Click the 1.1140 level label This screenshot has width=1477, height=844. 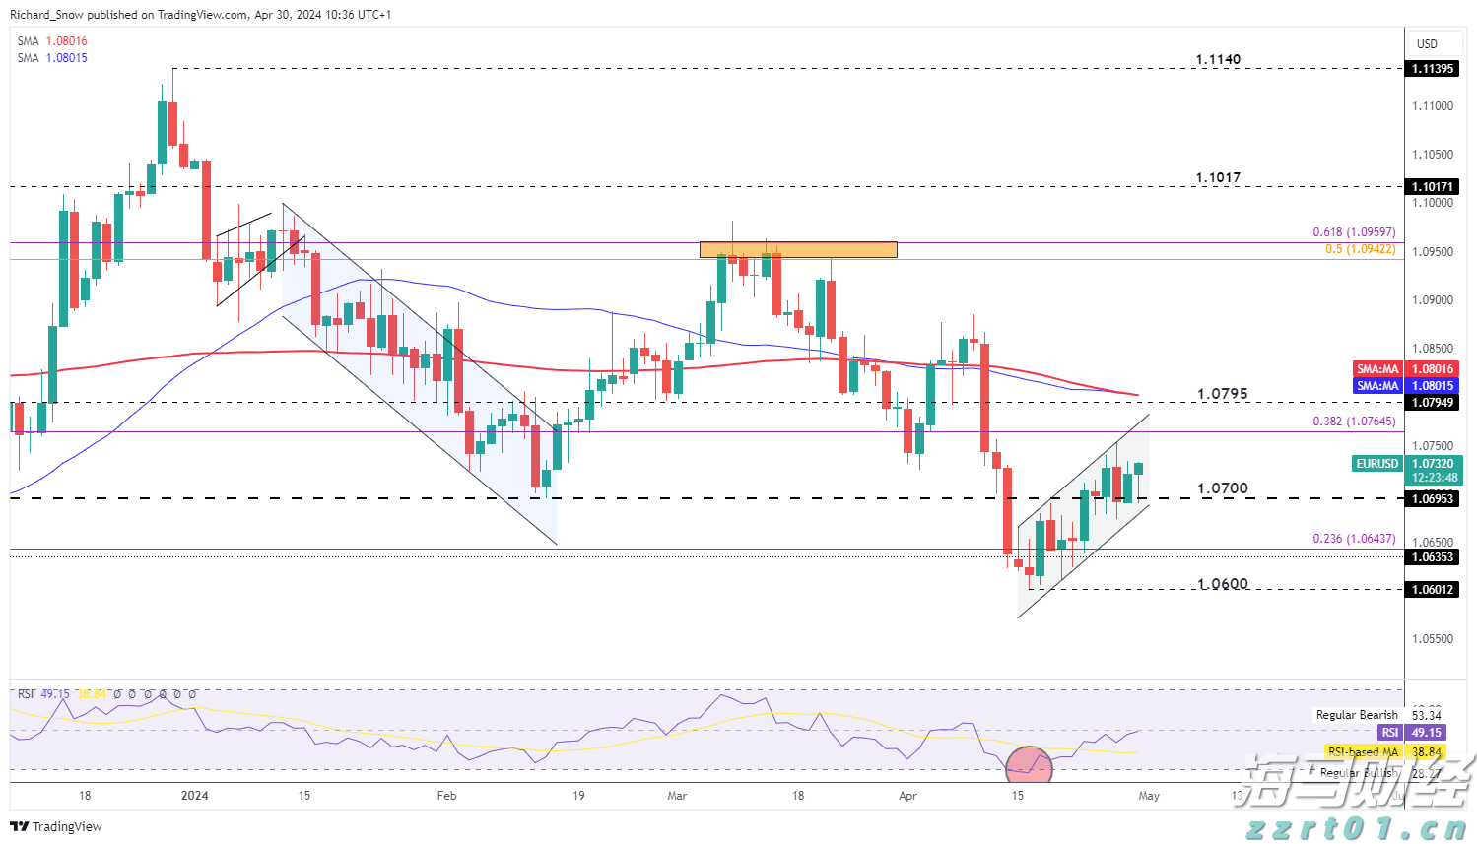click(1218, 59)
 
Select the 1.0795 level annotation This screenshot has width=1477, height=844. click(1222, 394)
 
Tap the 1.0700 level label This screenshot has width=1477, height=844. click(1222, 488)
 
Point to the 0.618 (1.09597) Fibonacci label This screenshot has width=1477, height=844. click(1354, 232)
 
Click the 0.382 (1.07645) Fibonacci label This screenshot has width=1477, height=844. click(1354, 422)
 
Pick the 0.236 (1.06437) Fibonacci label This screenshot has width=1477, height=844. click(1354, 539)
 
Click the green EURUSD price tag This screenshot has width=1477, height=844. click(1376, 464)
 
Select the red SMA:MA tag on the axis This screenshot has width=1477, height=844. click(1377, 369)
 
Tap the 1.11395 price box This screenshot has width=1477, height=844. click(1432, 69)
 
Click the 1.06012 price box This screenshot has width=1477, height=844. click(1432, 589)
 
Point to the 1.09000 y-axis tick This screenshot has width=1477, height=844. click(1432, 300)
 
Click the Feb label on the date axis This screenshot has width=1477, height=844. click(446, 796)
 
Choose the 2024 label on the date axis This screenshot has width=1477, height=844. click(195, 796)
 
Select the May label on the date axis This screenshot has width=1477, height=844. click(1149, 796)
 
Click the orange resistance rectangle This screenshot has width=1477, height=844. click(798, 250)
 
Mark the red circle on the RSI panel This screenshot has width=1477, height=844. click(1030, 763)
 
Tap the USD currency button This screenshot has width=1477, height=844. click(1427, 43)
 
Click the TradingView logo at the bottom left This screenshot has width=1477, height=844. click(57, 826)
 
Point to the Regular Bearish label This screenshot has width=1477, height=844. click(1357, 715)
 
